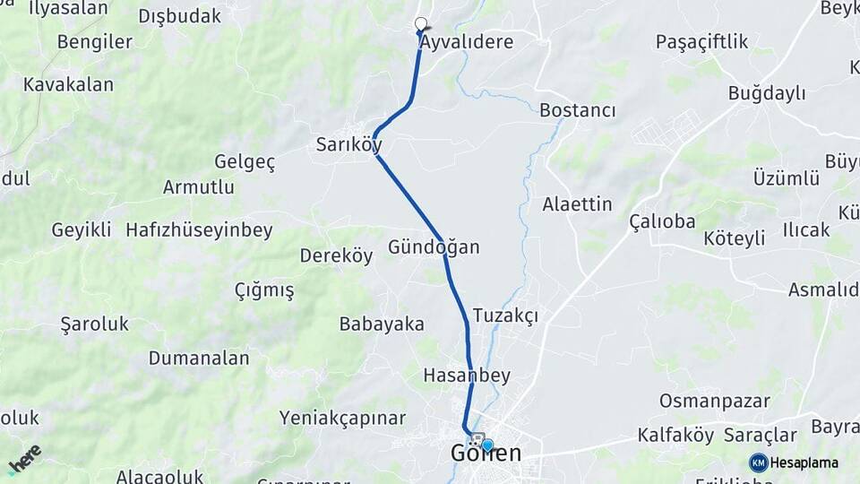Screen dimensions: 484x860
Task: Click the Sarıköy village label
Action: point(348,144)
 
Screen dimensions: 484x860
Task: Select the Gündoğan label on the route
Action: point(434,247)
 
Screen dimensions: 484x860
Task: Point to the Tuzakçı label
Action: point(505,315)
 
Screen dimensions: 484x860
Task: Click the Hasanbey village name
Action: point(466,375)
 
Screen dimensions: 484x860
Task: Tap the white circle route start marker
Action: point(421,24)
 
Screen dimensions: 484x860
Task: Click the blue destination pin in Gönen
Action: point(486,445)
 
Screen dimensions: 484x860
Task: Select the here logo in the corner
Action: point(24,458)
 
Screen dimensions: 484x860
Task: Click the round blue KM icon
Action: point(758,462)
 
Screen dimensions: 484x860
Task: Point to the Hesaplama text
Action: point(804,462)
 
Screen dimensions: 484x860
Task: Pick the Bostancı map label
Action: point(578,110)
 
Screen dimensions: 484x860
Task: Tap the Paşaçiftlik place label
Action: point(701,42)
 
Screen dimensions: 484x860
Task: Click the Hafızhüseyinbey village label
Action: point(199,230)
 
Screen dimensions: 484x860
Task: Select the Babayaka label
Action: point(382,324)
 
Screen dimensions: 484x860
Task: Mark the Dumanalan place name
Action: point(199,358)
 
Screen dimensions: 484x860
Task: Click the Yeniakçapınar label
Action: point(342,418)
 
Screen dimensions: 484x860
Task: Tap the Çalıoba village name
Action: point(663,220)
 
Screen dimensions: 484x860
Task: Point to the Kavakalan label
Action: point(69,84)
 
